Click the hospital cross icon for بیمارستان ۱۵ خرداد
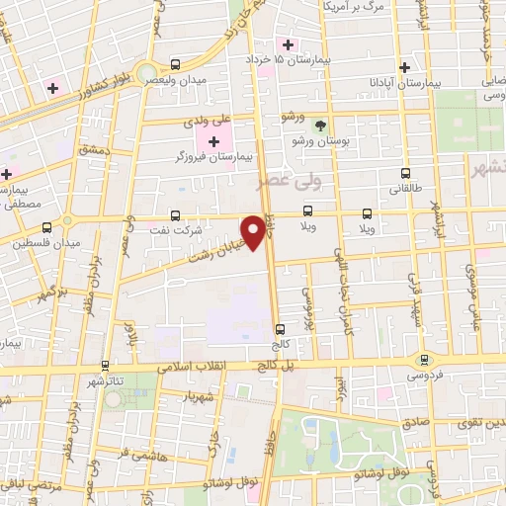coord(289,43)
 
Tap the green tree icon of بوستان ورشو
coord(319,126)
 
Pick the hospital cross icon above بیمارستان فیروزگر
coord(214,141)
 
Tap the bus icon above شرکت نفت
coord(176,213)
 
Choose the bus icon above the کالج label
coord(281,329)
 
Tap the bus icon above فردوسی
coord(424,360)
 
